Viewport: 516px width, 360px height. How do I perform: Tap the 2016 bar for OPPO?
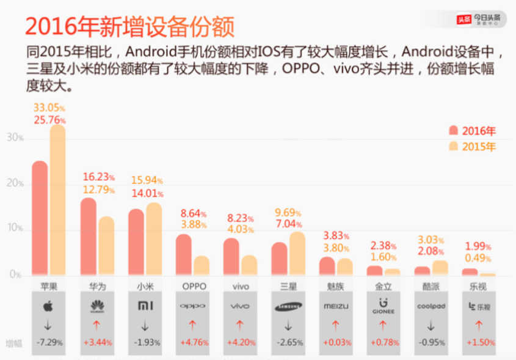183,254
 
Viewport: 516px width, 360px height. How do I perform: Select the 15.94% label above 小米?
147,181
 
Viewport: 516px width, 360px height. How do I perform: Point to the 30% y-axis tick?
15,138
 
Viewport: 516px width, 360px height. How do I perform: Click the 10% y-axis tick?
15,229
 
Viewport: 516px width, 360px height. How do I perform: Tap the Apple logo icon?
48,306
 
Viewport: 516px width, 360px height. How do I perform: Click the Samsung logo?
288,306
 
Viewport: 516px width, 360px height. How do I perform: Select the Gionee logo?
383,306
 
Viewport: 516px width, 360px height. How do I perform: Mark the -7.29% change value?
49,343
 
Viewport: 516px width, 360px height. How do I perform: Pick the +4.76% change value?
194,343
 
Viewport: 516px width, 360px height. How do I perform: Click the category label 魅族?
335,286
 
